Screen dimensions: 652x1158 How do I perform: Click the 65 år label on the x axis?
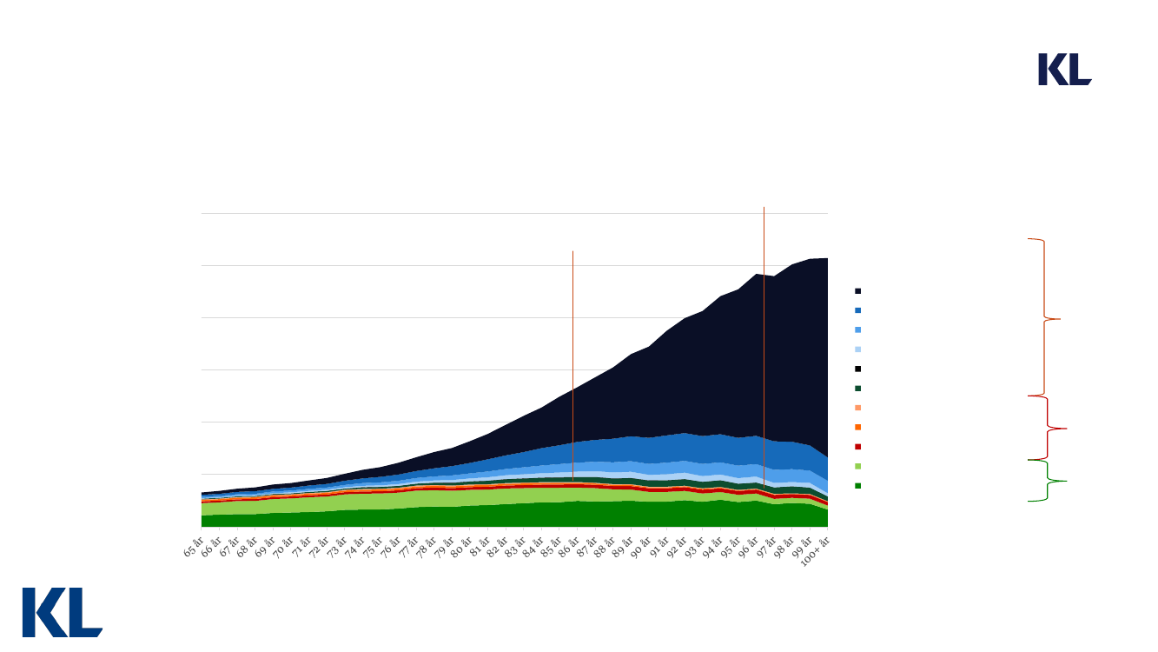point(193,548)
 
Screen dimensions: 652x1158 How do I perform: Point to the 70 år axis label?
point(282,548)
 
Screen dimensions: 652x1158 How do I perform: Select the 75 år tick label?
point(372,548)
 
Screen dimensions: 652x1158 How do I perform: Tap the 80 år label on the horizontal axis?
point(461,548)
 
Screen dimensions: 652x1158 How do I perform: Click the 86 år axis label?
point(569,548)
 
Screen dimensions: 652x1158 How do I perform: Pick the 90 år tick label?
point(640,548)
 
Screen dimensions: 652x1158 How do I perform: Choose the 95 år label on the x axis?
point(730,548)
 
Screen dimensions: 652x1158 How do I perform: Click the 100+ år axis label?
point(817,550)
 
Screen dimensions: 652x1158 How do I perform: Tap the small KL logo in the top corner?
point(1064,70)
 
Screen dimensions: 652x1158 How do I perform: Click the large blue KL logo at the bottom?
point(62,612)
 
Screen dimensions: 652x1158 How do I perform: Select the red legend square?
point(858,447)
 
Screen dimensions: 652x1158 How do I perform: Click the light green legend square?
point(858,466)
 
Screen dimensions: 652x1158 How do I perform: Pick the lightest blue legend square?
point(858,349)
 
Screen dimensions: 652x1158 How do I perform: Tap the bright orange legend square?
point(858,427)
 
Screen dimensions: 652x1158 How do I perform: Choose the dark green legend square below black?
point(858,389)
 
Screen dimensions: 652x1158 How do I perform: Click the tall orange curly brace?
point(1043,317)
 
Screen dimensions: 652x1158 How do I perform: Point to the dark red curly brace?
point(1049,428)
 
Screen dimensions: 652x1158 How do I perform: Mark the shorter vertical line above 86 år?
point(572,322)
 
